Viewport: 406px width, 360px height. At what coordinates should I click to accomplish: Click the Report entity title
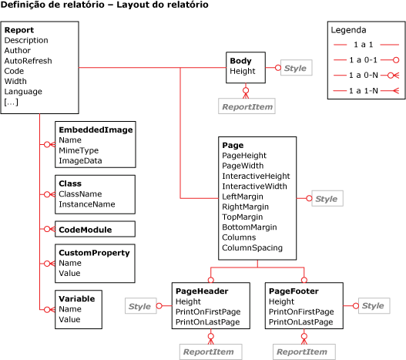18,30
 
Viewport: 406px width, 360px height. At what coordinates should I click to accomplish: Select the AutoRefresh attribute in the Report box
25,61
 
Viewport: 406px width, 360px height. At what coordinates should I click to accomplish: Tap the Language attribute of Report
23,92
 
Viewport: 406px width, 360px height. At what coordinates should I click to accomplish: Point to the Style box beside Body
295,69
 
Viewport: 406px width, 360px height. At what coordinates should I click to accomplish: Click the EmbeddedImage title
96,130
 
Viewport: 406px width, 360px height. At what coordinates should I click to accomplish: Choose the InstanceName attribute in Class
86,204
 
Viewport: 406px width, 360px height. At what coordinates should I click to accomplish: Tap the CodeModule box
85,230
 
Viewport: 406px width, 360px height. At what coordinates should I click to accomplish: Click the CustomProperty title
94,252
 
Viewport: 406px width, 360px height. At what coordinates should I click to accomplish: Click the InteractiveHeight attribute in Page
256,176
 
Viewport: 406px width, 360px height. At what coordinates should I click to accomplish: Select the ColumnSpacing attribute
252,248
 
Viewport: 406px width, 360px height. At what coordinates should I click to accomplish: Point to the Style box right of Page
326,199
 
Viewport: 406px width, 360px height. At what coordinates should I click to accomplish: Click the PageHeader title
203,291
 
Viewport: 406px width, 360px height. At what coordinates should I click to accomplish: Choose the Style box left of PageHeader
139,307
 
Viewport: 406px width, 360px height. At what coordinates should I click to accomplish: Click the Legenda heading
348,31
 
